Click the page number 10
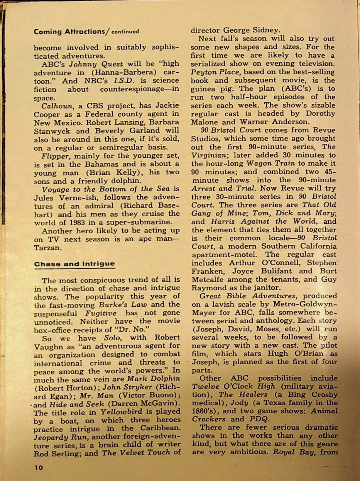pyautogui.click(x=38, y=467)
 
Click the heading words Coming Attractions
pyautogui.click(x=69, y=31)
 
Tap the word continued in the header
pyautogui.click(x=125, y=31)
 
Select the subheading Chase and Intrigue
pyautogui.click(x=74, y=264)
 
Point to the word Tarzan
pyautogui.click(x=48, y=247)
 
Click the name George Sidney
pyautogui.click(x=251, y=30)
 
